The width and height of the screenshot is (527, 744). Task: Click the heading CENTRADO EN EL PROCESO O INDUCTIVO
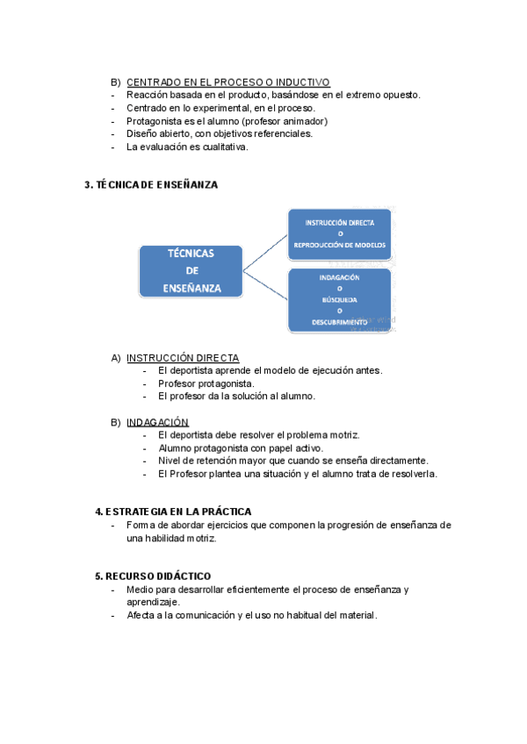pos(227,82)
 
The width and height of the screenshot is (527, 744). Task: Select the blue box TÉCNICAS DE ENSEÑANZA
pos(191,270)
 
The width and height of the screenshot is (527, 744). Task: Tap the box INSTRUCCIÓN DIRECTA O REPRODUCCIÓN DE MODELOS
pos(340,234)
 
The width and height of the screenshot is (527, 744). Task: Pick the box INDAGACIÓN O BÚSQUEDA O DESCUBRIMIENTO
pos(340,300)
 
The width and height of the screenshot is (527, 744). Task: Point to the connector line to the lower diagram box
pos(265,286)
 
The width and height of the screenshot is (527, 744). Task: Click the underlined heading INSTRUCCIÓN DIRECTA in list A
pos(182,358)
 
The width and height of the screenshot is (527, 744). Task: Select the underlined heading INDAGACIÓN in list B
pos(157,422)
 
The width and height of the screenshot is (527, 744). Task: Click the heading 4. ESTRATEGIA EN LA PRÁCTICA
pos(173,511)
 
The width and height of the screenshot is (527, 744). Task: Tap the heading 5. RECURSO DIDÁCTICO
pos(153,576)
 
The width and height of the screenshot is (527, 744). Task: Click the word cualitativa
pos(220,147)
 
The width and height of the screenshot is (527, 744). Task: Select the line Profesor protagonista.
pos(206,383)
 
